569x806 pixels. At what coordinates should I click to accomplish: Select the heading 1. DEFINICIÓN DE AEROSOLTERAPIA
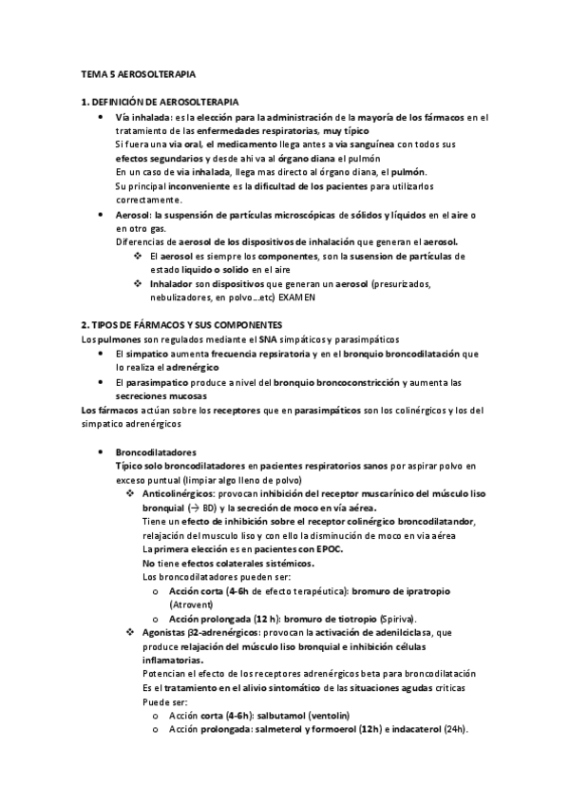tap(161, 101)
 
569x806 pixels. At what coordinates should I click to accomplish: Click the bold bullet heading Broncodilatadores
tap(156, 451)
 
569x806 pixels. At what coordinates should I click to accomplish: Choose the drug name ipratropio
tap(411, 590)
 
